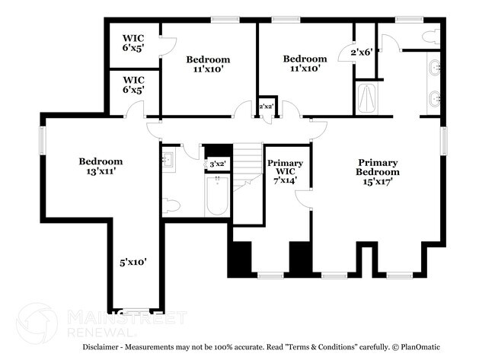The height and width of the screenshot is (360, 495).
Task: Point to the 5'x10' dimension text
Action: point(133,262)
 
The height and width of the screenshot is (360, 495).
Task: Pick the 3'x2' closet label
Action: point(218,164)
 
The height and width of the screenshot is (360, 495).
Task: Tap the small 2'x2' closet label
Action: point(267,107)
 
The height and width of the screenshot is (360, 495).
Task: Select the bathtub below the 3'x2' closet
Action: point(218,196)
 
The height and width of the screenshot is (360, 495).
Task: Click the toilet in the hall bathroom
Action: point(172,205)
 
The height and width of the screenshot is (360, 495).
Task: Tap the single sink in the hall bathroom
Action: point(168,160)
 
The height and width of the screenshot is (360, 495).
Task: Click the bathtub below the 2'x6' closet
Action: point(366,97)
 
